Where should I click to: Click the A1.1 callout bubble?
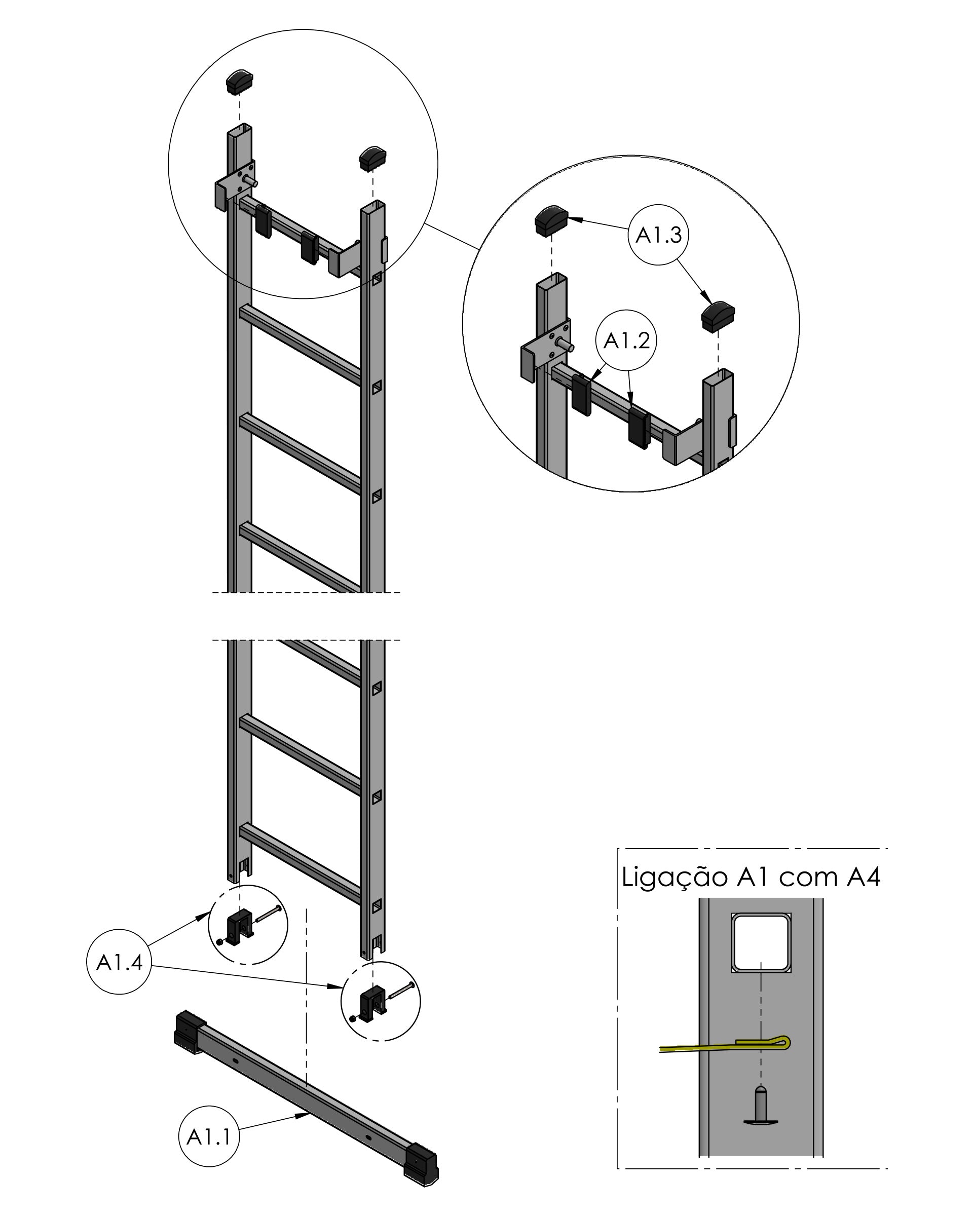pyautogui.click(x=209, y=1136)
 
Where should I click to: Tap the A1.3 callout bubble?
pyautogui.click(x=659, y=235)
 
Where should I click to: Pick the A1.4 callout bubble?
pyautogui.click(x=120, y=962)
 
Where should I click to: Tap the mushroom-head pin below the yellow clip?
pyautogui.click(x=761, y=1107)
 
